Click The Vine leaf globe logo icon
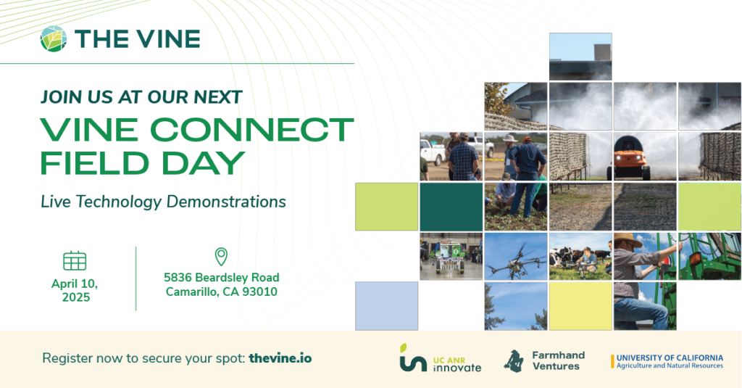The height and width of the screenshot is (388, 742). pyautogui.click(x=54, y=39)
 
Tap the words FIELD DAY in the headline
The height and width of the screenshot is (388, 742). pyautogui.click(x=142, y=162)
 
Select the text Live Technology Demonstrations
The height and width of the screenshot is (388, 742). pyautogui.click(x=163, y=202)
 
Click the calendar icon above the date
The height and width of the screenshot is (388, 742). pyautogui.click(x=75, y=260)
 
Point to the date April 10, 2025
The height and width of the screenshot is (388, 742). pyautogui.click(x=75, y=289)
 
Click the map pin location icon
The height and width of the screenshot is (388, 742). pyautogui.click(x=221, y=257)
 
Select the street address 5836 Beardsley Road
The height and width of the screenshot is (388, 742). pyautogui.click(x=221, y=278)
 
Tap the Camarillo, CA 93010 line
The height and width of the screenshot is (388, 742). pyautogui.click(x=221, y=292)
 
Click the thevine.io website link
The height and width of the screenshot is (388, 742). pyautogui.click(x=280, y=358)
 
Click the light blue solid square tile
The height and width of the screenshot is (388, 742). pyautogui.click(x=386, y=305)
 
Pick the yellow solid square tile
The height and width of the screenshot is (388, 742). pyautogui.click(x=580, y=305)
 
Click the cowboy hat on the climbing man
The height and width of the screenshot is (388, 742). pyautogui.click(x=627, y=241)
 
